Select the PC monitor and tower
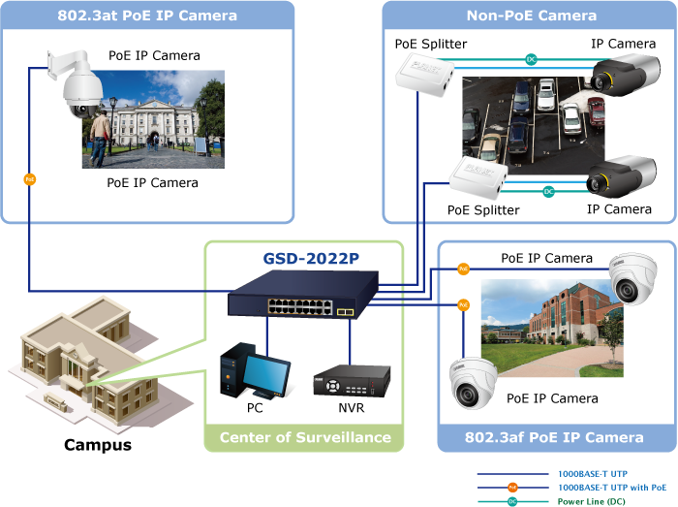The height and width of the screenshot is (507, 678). click(x=254, y=372)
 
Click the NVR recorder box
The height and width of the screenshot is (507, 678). click(x=351, y=381)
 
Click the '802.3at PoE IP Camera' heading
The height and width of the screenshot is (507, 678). click(x=147, y=16)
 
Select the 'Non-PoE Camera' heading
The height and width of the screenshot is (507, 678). click(x=531, y=16)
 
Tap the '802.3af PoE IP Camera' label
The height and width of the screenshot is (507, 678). click(x=554, y=437)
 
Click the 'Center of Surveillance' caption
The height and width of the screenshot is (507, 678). click(x=304, y=437)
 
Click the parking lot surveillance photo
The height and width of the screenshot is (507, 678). click(x=522, y=122)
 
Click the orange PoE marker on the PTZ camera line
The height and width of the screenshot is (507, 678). click(x=29, y=179)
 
